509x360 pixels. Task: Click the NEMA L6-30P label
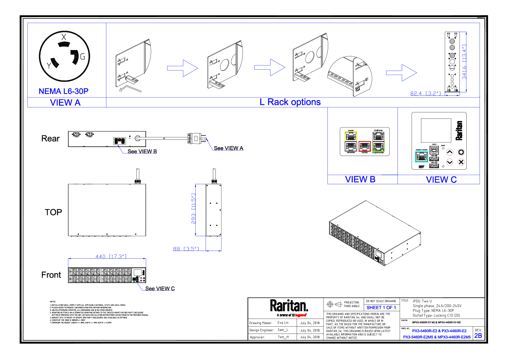point(63,91)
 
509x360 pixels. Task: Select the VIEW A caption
point(65,103)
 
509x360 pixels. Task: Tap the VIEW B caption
point(360,180)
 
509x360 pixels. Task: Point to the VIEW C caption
point(441,180)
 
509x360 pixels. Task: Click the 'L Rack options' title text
point(290,102)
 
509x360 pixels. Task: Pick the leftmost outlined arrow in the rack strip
point(182,68)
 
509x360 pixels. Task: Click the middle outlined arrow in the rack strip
point(270,67)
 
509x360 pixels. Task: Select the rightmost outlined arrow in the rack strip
point(401,73)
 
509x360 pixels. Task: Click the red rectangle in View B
point(365,146)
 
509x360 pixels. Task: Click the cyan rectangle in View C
point(421,157)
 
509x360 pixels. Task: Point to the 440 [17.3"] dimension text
point(111,257)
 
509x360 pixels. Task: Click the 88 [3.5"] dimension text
point(186,249)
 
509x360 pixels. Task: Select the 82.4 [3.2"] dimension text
point(425,93)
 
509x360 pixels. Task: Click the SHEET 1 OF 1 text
point(381,308)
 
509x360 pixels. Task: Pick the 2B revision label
point(478,336)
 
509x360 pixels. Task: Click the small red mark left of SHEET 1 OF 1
point(300,315)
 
